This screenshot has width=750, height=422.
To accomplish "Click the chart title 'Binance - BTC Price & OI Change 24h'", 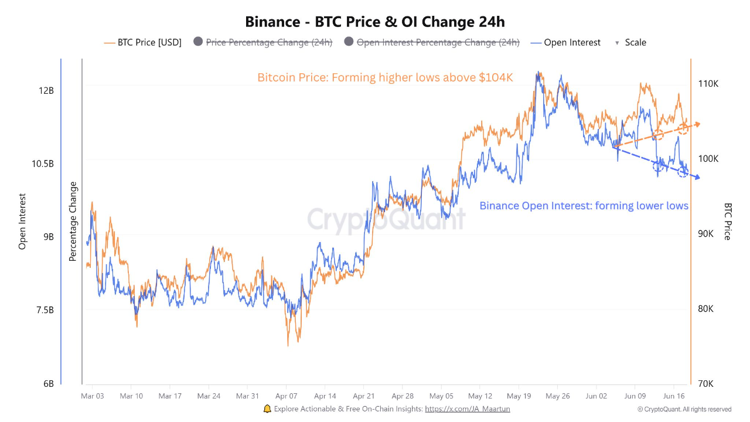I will coord(375,22).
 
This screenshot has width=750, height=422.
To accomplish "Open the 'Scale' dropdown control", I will coord(630,42).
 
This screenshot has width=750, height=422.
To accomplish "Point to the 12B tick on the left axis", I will coord(46,90).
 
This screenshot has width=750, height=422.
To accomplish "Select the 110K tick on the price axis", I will coord(708,84).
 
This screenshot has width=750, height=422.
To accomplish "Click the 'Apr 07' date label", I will coord(286,396).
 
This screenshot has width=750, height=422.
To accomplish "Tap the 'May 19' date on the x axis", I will coord(519,396).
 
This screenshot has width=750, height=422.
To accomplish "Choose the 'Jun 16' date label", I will coord(674,396).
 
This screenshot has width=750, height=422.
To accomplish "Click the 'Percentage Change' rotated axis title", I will coord(73,222).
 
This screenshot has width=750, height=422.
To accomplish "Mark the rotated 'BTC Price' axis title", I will coord(728,222).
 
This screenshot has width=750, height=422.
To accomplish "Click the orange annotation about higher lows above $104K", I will coord(386,77).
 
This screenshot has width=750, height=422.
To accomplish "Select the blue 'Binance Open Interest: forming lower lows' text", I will coord(584,206).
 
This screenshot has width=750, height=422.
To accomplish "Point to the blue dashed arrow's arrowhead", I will coord(697,178).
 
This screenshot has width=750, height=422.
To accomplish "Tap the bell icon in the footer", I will coord(267,409).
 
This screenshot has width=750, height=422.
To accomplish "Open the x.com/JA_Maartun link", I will coord(467,409).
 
